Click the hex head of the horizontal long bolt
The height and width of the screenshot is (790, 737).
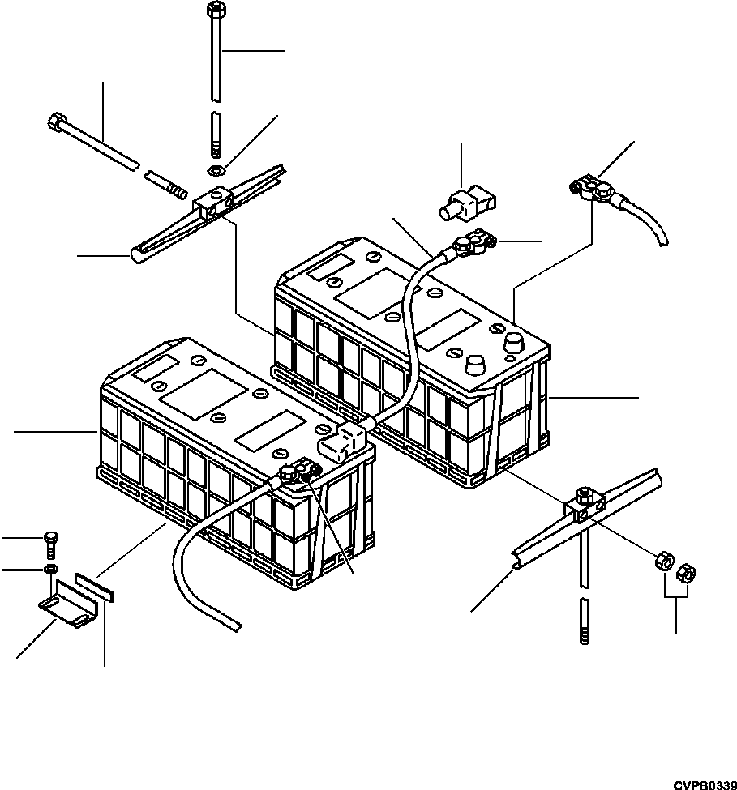tap(57, 124)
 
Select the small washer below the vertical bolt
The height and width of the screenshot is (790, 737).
tap(214, 171)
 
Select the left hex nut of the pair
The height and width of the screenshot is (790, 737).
tap(662, 561)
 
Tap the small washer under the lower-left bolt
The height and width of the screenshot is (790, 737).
tap(50, 570)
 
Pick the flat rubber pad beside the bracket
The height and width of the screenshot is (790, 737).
tap(94, 585)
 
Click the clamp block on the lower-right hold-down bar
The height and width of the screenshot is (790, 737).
tap(584, 506)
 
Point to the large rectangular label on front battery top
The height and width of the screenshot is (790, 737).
tap(202, 398)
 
